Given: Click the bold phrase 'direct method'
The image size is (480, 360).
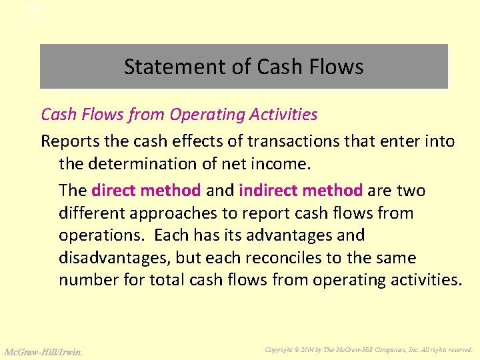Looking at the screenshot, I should pyautogui.click(x=146, y=191).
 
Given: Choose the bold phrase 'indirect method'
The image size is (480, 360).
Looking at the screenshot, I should pyautogui.click(x=300, y=191).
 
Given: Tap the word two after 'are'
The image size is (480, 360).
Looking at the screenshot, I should pyautogui.click(x=411, y=191).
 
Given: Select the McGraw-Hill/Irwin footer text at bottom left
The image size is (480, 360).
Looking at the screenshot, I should pyautogui.click(x=43, y=351).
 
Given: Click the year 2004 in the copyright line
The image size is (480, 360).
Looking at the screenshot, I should pyautogui.click(x=317, y=349).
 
